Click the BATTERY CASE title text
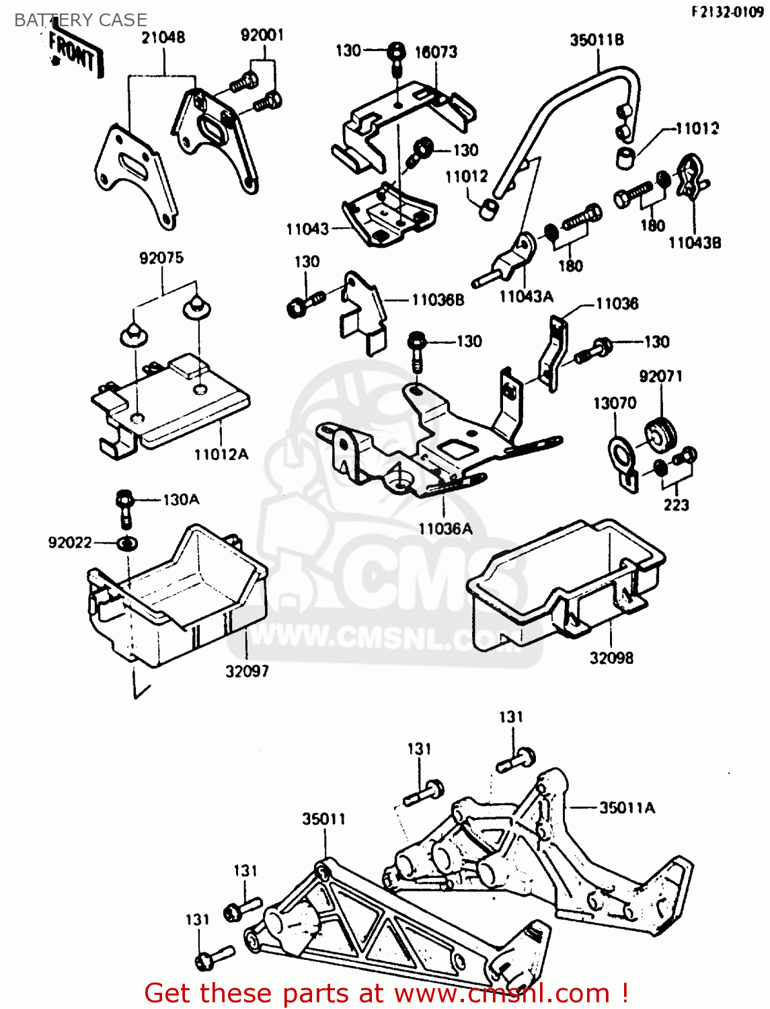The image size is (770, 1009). [81, 20]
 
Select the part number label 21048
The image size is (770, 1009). [163, 38]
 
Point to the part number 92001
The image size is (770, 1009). [262, 35]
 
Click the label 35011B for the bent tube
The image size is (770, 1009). [596, 40]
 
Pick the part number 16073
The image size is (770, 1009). [436, 52]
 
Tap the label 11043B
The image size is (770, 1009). [695, 243]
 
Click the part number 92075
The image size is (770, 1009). [161, 258]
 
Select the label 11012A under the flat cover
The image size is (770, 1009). [221, 455]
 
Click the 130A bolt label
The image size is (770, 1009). [181, 500]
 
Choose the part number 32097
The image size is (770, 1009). [247, 671]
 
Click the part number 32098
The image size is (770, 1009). [611, 658]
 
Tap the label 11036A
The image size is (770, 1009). [445, 529]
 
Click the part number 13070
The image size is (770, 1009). [615, 403]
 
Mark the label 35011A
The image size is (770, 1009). [627, 808]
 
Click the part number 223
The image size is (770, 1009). [676, 504]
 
